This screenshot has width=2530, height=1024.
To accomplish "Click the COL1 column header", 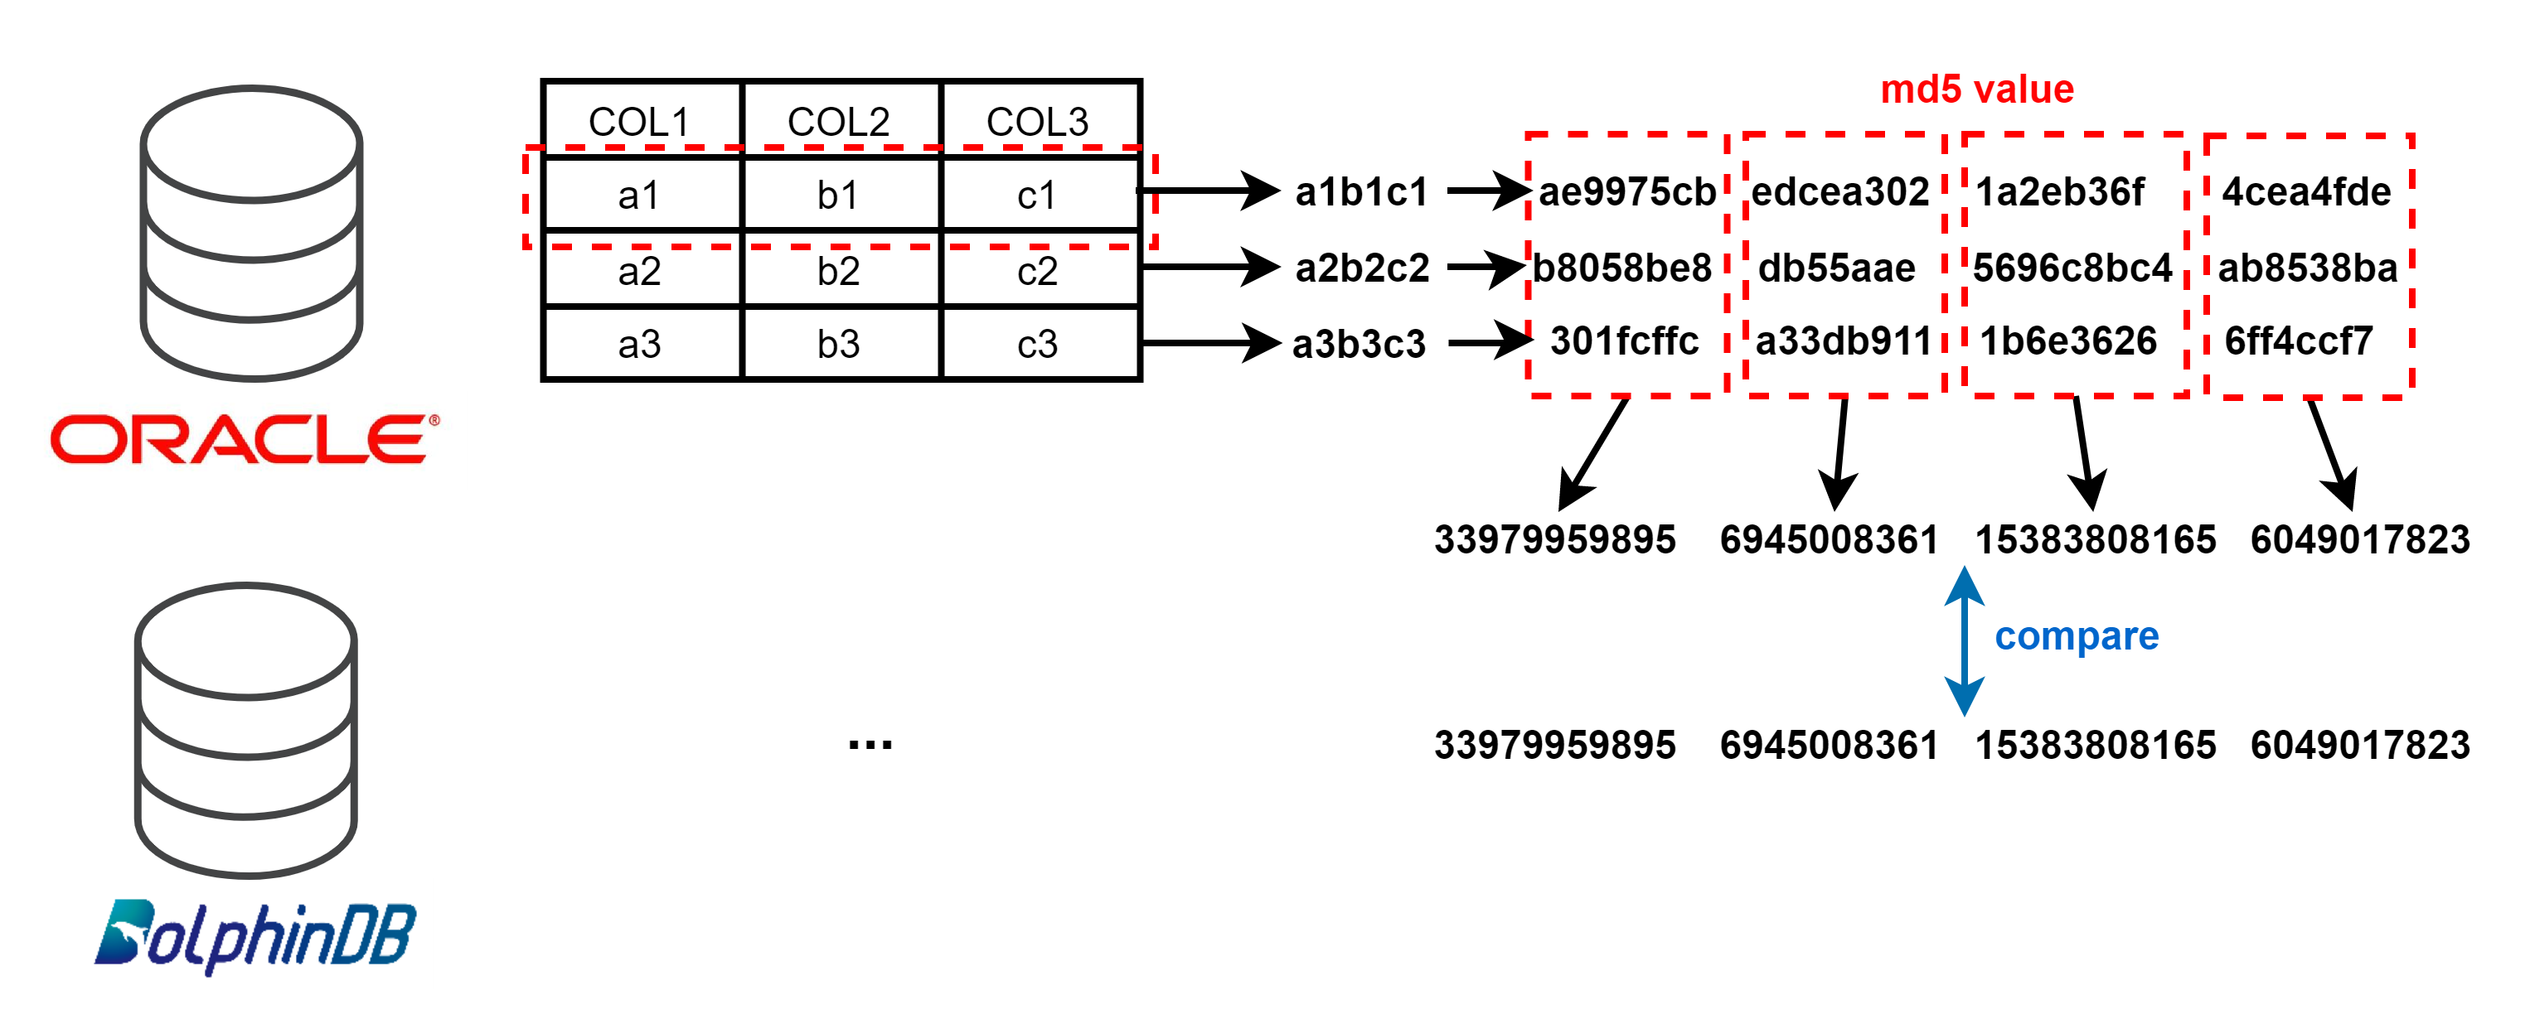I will point(639,122).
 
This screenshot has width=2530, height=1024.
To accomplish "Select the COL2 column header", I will point(839,122).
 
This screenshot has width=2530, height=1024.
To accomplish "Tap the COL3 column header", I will point(1038,122).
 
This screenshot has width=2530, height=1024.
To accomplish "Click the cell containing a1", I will point(639,196).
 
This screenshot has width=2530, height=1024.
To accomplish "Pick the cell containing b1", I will point(839,196).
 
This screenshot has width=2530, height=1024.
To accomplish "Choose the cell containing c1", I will point(1038,196).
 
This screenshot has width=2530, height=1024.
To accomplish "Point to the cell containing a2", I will point(639,271).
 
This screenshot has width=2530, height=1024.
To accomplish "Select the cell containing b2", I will point(839,271).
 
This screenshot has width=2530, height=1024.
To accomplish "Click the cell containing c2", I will point(1038,271).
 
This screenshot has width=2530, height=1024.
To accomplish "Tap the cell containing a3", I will point(639,344).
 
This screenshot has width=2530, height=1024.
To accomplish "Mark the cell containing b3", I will point(839,344).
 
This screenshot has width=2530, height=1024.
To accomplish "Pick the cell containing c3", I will point(1038,344).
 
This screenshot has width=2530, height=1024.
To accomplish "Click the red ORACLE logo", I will point(239,439).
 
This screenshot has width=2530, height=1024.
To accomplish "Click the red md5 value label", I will point(1976,89).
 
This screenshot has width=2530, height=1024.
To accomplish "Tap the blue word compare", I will point(2077,636).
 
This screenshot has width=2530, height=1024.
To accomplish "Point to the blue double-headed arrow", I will point(1965,640).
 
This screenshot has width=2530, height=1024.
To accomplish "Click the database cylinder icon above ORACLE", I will point(251,233).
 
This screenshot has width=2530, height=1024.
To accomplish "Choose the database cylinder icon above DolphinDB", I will point(246,729).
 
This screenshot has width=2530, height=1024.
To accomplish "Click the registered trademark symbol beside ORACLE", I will point(434,420).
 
